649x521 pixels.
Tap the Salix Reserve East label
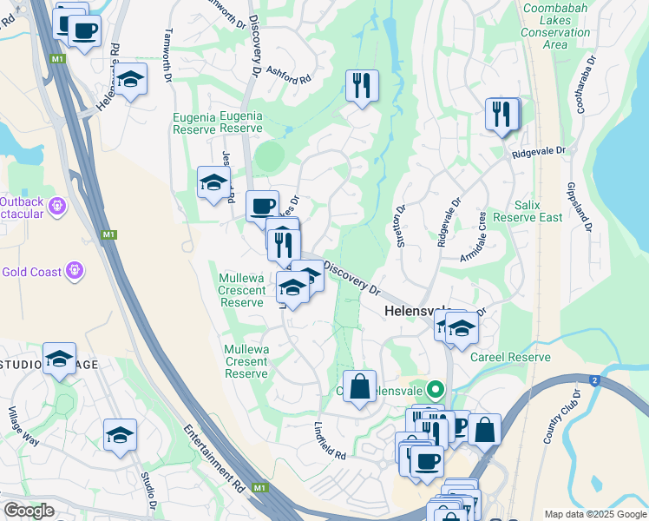[x=527, y=211]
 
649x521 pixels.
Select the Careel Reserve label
[x=510, y=357]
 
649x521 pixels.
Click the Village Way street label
[x=23, y=425]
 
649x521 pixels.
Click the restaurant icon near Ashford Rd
[x=362, y=86]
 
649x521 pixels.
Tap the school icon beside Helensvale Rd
[x=131, y=80]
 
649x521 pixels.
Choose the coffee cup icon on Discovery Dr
[x=262, y=207]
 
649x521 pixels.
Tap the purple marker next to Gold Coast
[x=76, y=271]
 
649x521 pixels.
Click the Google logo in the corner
[x=28, y=511]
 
